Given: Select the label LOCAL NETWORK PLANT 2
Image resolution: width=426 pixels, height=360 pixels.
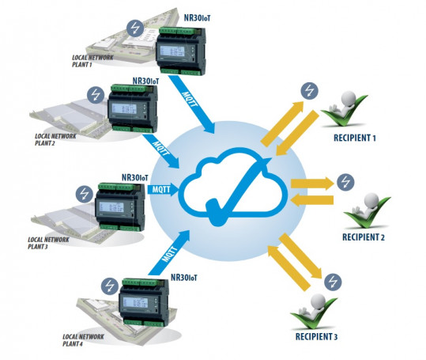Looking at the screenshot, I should [x=55, y=140].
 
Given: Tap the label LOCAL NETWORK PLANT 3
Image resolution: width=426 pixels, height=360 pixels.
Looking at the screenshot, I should [x=46, y=242].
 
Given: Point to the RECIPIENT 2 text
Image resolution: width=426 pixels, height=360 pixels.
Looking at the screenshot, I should [x=363, y=237].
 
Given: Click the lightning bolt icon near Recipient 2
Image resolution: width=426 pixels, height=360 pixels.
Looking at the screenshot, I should [x=345, y=181].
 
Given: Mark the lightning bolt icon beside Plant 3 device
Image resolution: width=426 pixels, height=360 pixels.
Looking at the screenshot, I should [x=85, y=192].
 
